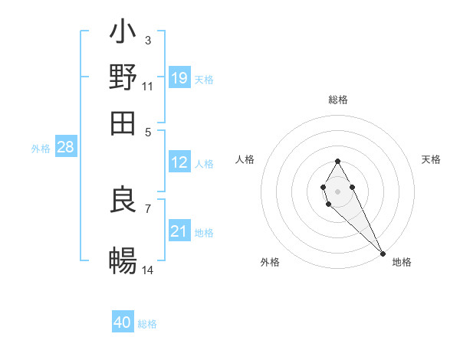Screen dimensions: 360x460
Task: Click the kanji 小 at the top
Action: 123,33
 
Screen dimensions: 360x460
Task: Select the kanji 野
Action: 123,77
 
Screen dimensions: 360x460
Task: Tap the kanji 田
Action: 123,123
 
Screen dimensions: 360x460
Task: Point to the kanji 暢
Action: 123,262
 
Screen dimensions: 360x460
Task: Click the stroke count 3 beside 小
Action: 147,40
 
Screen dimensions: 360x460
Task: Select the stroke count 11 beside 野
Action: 148,85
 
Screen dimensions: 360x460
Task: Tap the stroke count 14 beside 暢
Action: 148,270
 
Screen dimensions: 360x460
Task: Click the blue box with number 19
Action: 179,77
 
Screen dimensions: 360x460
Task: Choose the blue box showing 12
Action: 179,162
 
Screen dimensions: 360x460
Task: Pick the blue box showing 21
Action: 179,231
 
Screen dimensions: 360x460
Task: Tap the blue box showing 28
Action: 65,147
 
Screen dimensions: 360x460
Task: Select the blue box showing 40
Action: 123,322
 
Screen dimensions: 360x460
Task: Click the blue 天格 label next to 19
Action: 204,79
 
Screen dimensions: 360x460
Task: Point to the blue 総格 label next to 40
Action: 147,324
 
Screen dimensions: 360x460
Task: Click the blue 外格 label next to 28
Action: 40,149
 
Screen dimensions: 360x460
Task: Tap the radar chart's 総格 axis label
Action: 337,100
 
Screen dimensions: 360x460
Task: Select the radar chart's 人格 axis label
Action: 245,159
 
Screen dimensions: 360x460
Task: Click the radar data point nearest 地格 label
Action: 383,253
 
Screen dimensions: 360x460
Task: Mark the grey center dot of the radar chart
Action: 337,191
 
